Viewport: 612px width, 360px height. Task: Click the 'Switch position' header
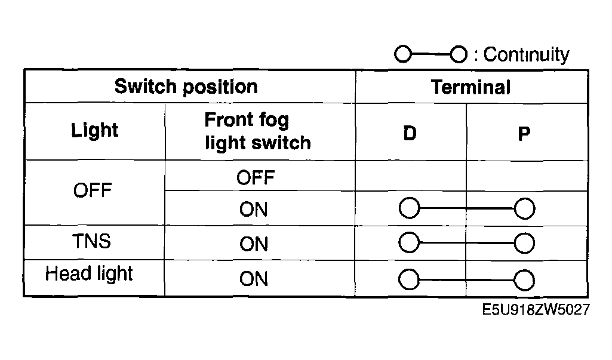pos(186,87)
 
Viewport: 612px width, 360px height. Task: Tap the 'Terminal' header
pos(470,87)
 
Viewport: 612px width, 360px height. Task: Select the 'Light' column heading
pos(94,130)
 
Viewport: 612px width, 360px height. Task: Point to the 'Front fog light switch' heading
pos(257,131)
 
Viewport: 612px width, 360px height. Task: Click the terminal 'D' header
pos(410,134)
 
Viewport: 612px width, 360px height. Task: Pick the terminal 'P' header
pos(524,134)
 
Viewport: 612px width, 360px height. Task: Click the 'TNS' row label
pos(92,241)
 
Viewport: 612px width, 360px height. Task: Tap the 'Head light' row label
pos(89,273)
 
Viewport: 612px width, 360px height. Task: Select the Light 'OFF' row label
pos(93,190)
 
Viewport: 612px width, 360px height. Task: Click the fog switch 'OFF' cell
pos(256,178)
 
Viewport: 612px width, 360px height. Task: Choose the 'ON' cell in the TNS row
pos(254,244)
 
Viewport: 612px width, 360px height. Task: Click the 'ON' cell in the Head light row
pos(254,279)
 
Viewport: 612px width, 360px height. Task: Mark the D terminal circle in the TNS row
pos(409,242)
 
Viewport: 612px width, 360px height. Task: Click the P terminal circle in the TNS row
pos(524,243)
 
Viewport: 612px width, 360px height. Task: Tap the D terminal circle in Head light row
pos(409,279)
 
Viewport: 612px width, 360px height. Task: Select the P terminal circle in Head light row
pos(524,280)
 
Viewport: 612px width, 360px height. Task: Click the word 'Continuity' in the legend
pos(526,55)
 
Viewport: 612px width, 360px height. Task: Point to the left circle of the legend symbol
pos(403,54)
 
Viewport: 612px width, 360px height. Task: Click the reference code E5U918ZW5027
pos(536,310)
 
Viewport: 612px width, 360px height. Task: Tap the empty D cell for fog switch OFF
pos(411,176)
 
